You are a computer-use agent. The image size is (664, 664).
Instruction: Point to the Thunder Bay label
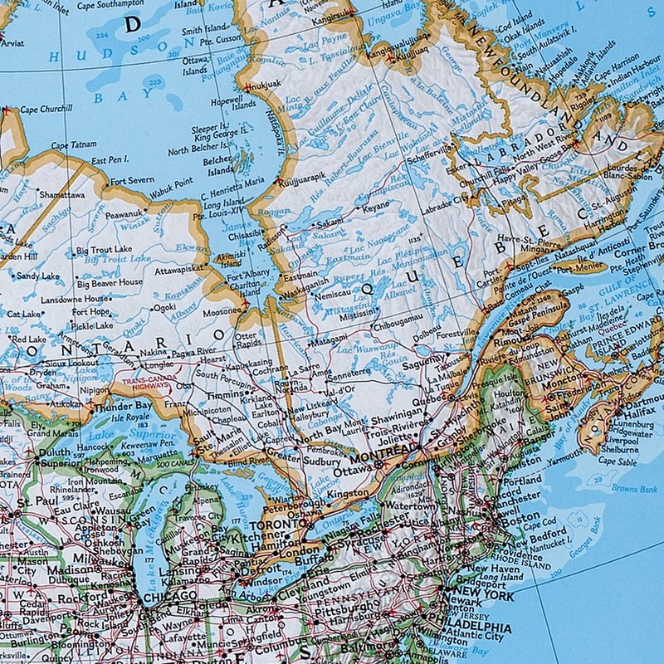(x=123, y=407)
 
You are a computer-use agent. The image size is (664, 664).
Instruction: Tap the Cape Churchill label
(x=46, y=109)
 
